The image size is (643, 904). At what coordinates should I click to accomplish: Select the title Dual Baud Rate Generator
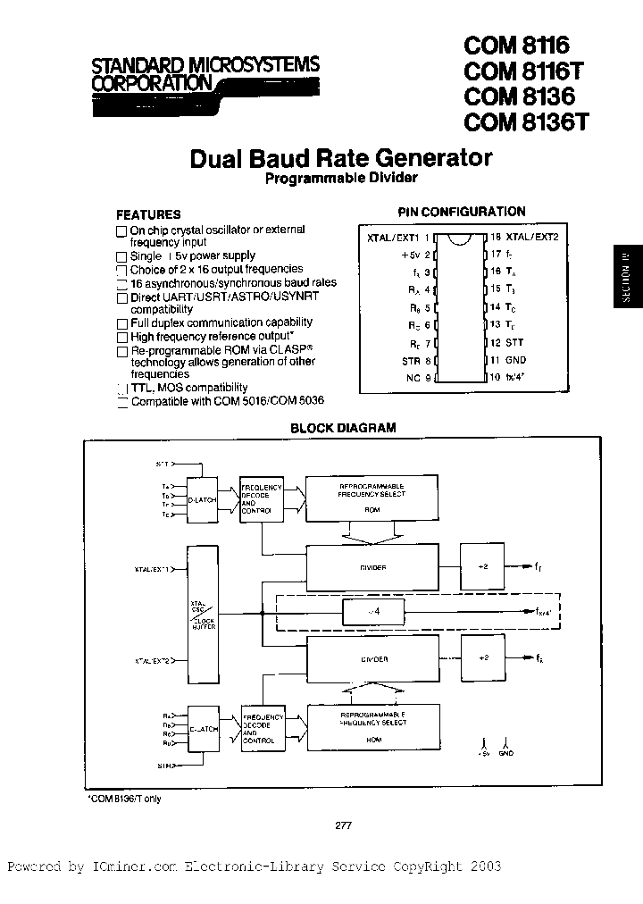[x=341, y=158]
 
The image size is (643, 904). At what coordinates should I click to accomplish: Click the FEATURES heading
[x=148, y=214]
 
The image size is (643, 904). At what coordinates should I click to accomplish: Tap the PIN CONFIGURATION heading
[x=461, y=212]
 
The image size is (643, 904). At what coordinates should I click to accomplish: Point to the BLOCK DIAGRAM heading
[x=344, y=428]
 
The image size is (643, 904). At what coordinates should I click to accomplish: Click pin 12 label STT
[x=515, y=343]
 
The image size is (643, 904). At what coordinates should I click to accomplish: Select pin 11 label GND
[x=516, y=360]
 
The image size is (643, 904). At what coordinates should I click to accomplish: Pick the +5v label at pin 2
[x=410, y=255]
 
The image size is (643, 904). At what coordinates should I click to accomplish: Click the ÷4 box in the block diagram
[x=373, y=613]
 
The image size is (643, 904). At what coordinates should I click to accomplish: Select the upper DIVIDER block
[x=372, y=566]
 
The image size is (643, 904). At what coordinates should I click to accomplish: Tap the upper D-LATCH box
[x=202, y=502]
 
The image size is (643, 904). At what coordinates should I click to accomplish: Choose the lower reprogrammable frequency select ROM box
[x=372, y=730]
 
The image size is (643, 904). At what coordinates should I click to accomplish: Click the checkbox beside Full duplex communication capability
[x=122, y=322]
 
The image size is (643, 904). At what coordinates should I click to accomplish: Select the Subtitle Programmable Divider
[x=341, y=178]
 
